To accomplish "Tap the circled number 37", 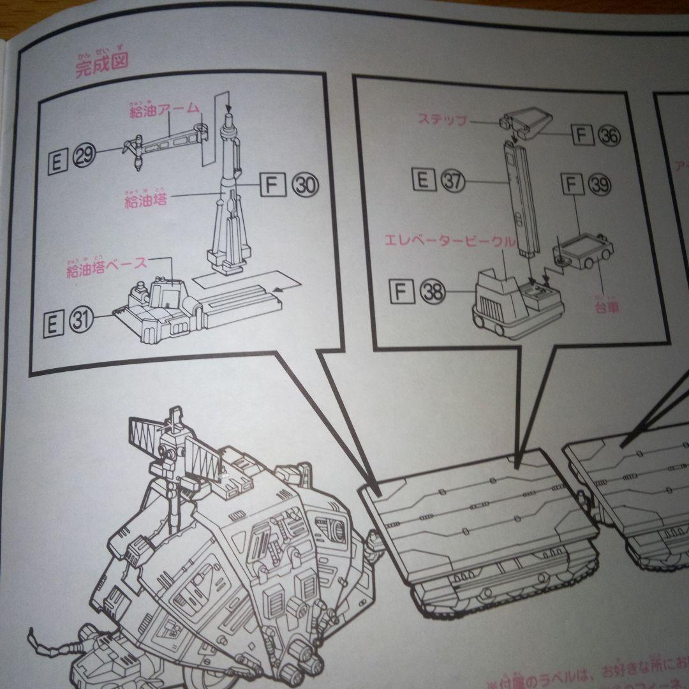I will (x=452, y=181).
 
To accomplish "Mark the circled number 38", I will (x=433, y=292).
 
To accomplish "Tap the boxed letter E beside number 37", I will (x=421, y=181).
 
